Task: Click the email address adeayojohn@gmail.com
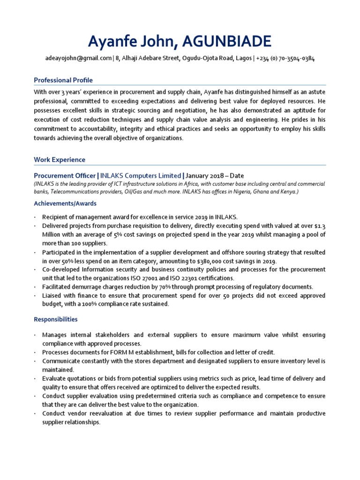(x=78, y=59)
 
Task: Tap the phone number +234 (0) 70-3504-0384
(x=285, y=59)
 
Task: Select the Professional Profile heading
(x=63, y=80)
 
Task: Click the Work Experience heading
(x=60, y=160)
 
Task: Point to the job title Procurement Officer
(x=64, y=176)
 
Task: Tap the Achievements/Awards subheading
(x=65, y=203)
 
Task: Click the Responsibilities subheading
(x=56, y=320)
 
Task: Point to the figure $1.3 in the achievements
(x=320, y=226)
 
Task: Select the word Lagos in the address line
(x=242, y=59)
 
